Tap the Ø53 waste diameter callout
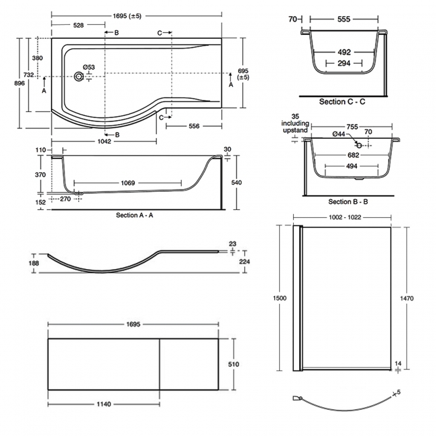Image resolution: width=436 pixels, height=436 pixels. (89, 66)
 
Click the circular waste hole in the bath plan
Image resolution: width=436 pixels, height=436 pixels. (81, 76)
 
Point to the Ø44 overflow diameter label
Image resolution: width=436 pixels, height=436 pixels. (339, 135)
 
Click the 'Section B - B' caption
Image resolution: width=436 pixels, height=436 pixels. (348, 202)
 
